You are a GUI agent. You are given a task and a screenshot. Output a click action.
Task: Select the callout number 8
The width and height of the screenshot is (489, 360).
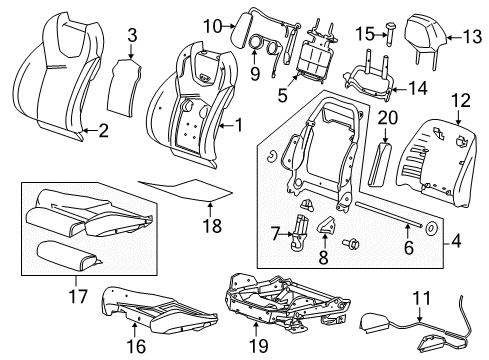(x=325, y=257)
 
